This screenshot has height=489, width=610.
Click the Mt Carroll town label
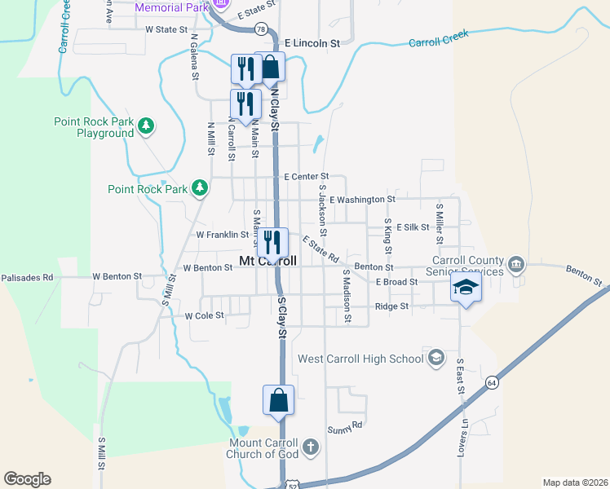click(266, 261)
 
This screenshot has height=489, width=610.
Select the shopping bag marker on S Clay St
click(279, 401)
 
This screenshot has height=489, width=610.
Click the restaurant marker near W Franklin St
click(273, 242)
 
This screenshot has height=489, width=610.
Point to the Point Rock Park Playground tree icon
click(146, 126)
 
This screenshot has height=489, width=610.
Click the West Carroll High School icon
click(436, 358)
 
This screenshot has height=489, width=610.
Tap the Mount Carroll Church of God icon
click(310, 447)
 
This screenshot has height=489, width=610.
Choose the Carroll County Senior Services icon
click(516, 265)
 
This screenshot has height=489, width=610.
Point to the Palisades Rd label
click(27, 278)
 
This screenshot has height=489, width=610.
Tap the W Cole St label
click(204, 315)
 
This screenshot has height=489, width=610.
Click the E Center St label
click(306, 176)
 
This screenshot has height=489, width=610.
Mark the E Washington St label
click(362, 199)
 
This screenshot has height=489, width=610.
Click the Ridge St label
click(391, 306)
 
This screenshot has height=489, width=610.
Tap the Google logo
click(27, 479)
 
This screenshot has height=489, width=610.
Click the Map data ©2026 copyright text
click(574, 482)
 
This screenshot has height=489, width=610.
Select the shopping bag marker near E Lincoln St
click(270, 68)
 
